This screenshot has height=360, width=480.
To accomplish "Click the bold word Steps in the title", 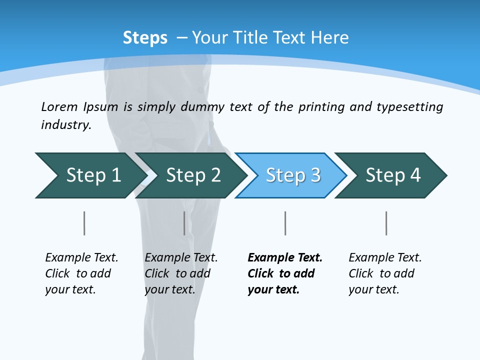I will (x=145, y=38).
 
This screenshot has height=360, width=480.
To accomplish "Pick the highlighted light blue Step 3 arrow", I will (x=292, y=175).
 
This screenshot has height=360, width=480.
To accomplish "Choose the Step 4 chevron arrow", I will (x=392, y=175).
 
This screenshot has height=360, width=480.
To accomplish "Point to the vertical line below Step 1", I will (x=84, y=223).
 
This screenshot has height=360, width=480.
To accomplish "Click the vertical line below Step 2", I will (x=184, y=223).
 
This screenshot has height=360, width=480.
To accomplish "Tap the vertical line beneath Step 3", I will (x=285, y=223).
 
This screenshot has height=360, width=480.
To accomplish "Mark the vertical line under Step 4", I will (x=386, y=223).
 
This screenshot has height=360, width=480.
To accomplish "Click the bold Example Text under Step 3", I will (x=285, y=257).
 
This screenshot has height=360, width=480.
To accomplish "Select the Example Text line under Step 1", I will (x=81, y=257).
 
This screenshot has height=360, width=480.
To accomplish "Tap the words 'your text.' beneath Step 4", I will (x=373, y=289).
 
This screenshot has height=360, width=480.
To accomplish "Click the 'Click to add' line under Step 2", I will (x=177, y=273).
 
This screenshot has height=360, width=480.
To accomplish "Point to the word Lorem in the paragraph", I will (x=59, y=106).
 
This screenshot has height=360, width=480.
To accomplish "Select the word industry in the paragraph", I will (x=65, y=124).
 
